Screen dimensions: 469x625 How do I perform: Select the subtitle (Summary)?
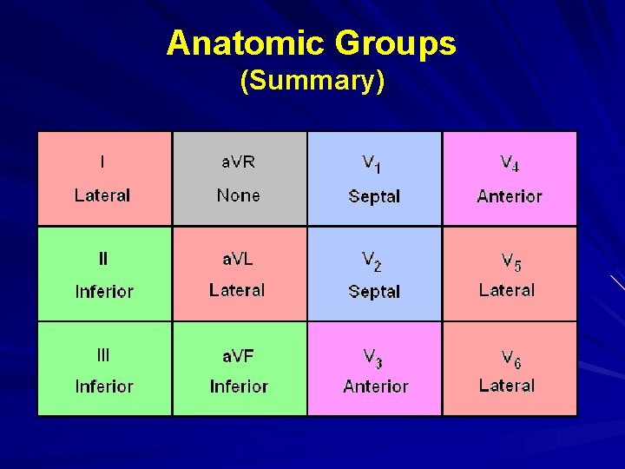[x=312, y=81]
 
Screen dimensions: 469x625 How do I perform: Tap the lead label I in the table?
[x=103, y=162]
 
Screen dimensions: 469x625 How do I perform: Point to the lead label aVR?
[x=239, y=162]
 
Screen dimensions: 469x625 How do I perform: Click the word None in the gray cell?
[x=239, y=195]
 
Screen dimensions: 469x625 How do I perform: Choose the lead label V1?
[x=372, y=163]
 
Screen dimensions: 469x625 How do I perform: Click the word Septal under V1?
[x=374, y=196]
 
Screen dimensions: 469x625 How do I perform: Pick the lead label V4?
[x=510, y=163]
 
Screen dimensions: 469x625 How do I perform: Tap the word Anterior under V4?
[x=510, y=196]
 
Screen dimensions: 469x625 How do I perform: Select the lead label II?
[x=103, y=259]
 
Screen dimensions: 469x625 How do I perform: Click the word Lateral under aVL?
[x=237, y=290]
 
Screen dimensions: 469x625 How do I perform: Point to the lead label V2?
[x=372, y=261]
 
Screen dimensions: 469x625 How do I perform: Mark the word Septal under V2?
[x=374, y=292]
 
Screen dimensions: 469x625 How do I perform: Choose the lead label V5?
[x=510, y=261]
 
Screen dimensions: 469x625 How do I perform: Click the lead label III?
[x=103, y=354]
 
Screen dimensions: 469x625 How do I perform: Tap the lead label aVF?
[x=239, y=355]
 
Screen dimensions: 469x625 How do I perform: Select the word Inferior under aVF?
[x=239, y=386]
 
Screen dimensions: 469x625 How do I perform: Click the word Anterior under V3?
[x=375, y=386]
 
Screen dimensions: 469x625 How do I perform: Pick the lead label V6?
[x=510, y=357]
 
